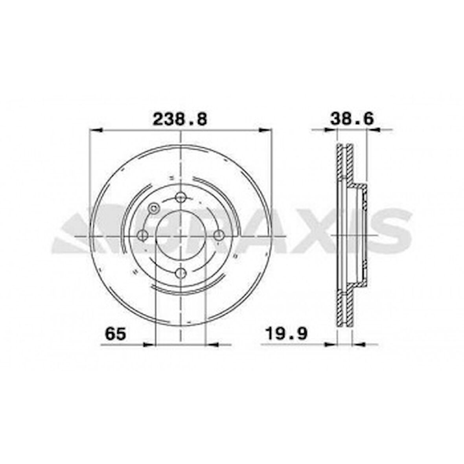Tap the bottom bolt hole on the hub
coord(180,273)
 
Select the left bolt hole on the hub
coord(143,235)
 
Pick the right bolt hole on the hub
coord(218,235)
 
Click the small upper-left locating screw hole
coord(153,208)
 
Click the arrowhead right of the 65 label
coord(148,345)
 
